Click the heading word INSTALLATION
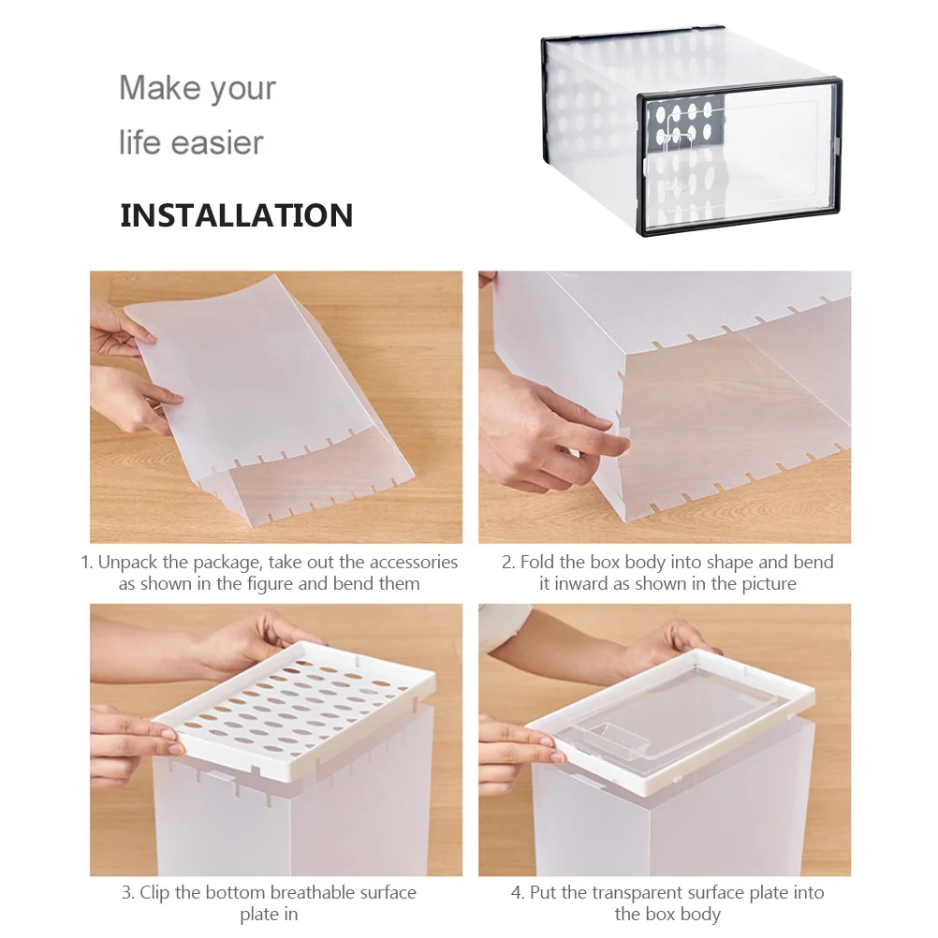(236, 215)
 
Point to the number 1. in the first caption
(86, 563)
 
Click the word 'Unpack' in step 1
(128, 563)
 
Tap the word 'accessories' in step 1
(413, 563)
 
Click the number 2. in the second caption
(508, 563)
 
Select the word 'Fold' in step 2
(537, 563)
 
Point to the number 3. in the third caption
(128, 893)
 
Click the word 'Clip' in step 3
(156, 893)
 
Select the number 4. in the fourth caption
(518, 893)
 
